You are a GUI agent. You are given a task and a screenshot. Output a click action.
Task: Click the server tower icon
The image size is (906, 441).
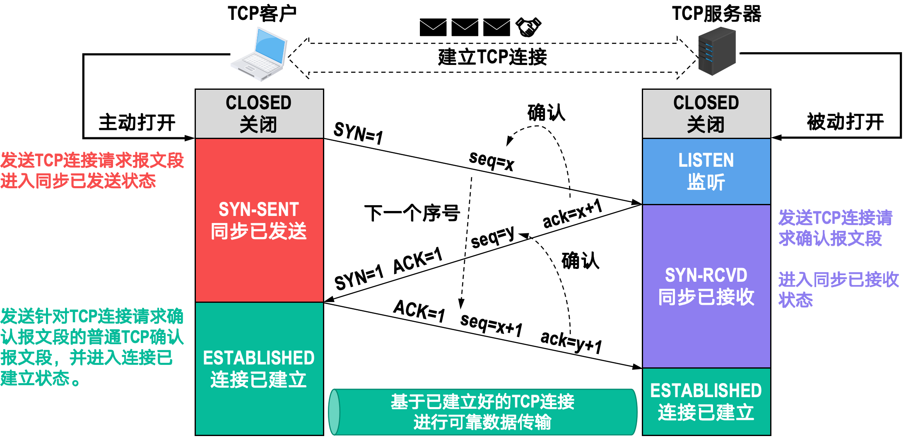(717, 51)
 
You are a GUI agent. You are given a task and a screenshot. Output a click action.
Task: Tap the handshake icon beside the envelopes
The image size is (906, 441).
(528, 27)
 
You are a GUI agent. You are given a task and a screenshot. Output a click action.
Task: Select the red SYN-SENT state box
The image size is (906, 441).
(259, 220)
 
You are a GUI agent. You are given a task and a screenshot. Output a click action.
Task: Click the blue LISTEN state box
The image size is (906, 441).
(706, 171)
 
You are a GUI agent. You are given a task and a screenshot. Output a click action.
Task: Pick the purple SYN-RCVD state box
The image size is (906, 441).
(706, 286)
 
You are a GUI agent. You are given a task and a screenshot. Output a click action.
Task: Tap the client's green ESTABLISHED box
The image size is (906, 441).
(259, 368)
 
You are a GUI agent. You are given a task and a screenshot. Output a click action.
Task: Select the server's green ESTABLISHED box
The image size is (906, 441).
(706, 401)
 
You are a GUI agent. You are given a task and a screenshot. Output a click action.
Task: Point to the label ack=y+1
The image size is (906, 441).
(571, 342)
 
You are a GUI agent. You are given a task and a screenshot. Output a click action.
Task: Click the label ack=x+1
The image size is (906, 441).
(572, 214)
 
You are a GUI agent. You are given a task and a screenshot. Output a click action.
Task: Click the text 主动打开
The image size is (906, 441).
(137, 122)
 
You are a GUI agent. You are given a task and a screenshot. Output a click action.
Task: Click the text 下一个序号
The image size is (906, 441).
(412, 213)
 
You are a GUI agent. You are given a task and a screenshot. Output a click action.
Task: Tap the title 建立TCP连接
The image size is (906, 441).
(492, 57)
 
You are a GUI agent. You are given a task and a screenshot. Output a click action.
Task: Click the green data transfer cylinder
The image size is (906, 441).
(483, 412)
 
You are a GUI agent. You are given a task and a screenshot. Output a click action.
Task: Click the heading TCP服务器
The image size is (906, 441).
(716, 14)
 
